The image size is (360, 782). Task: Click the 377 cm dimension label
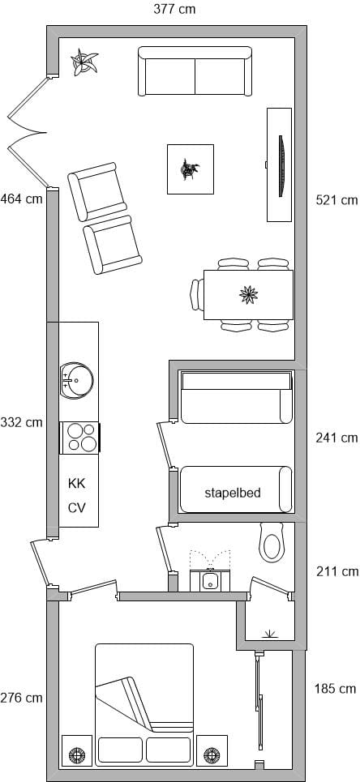174,9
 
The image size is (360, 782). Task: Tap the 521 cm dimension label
337,200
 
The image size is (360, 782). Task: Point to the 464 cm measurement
21,199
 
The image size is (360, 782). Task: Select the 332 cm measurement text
21,422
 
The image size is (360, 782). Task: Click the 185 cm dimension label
336,689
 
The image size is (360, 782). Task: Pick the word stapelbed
233,493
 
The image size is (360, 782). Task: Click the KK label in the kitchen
77,483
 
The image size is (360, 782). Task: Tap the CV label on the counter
77,508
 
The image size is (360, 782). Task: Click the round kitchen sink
76,381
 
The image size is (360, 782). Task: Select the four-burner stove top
80,438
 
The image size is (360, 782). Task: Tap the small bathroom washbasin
210,580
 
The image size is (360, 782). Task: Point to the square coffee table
191,169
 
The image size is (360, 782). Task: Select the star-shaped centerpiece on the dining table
249,294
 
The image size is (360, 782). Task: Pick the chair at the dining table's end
197,295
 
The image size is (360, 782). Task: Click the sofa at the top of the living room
195,71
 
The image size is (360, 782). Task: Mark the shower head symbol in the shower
269,634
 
